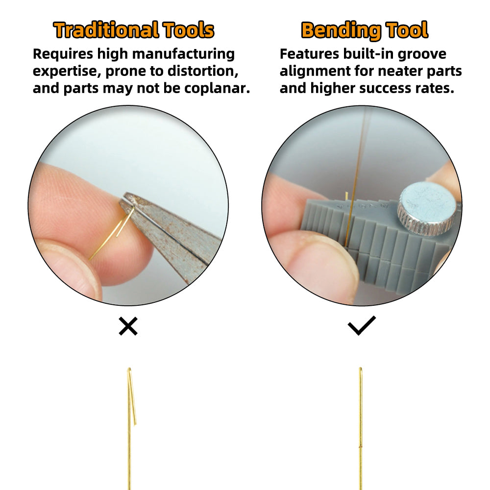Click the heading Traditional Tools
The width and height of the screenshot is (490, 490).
(134, 30)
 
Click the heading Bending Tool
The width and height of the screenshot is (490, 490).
(365, 30)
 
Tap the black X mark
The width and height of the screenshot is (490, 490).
(128, 326)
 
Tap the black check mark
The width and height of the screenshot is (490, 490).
(362, 325)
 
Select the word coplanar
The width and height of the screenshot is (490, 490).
(217, 88)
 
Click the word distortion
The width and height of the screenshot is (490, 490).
(203, 71)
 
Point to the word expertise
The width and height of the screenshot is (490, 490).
(67, 72)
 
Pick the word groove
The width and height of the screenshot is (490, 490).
(422, 54)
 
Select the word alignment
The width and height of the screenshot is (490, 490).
(315, 72)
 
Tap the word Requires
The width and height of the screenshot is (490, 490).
(63, 54)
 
